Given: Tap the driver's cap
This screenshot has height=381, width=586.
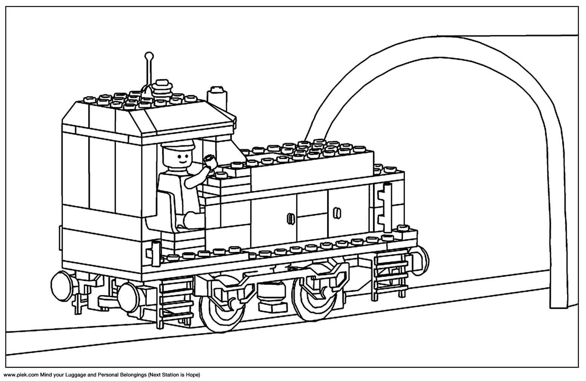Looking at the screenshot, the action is pyautogui.click(x=178, y=144).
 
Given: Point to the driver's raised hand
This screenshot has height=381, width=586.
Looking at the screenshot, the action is pyautogui.click(x=211, y=161).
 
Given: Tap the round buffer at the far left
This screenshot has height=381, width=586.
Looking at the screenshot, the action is pyautogui.click(x=62, y=286).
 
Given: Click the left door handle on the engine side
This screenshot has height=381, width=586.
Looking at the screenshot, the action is pyautogui.click(x=290, y=218).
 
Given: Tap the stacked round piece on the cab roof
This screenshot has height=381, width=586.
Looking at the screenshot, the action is pyautogui.click(x=163, y=90).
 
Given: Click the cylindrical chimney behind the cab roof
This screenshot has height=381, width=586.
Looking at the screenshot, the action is pyautogui.click(x=217, y=99).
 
